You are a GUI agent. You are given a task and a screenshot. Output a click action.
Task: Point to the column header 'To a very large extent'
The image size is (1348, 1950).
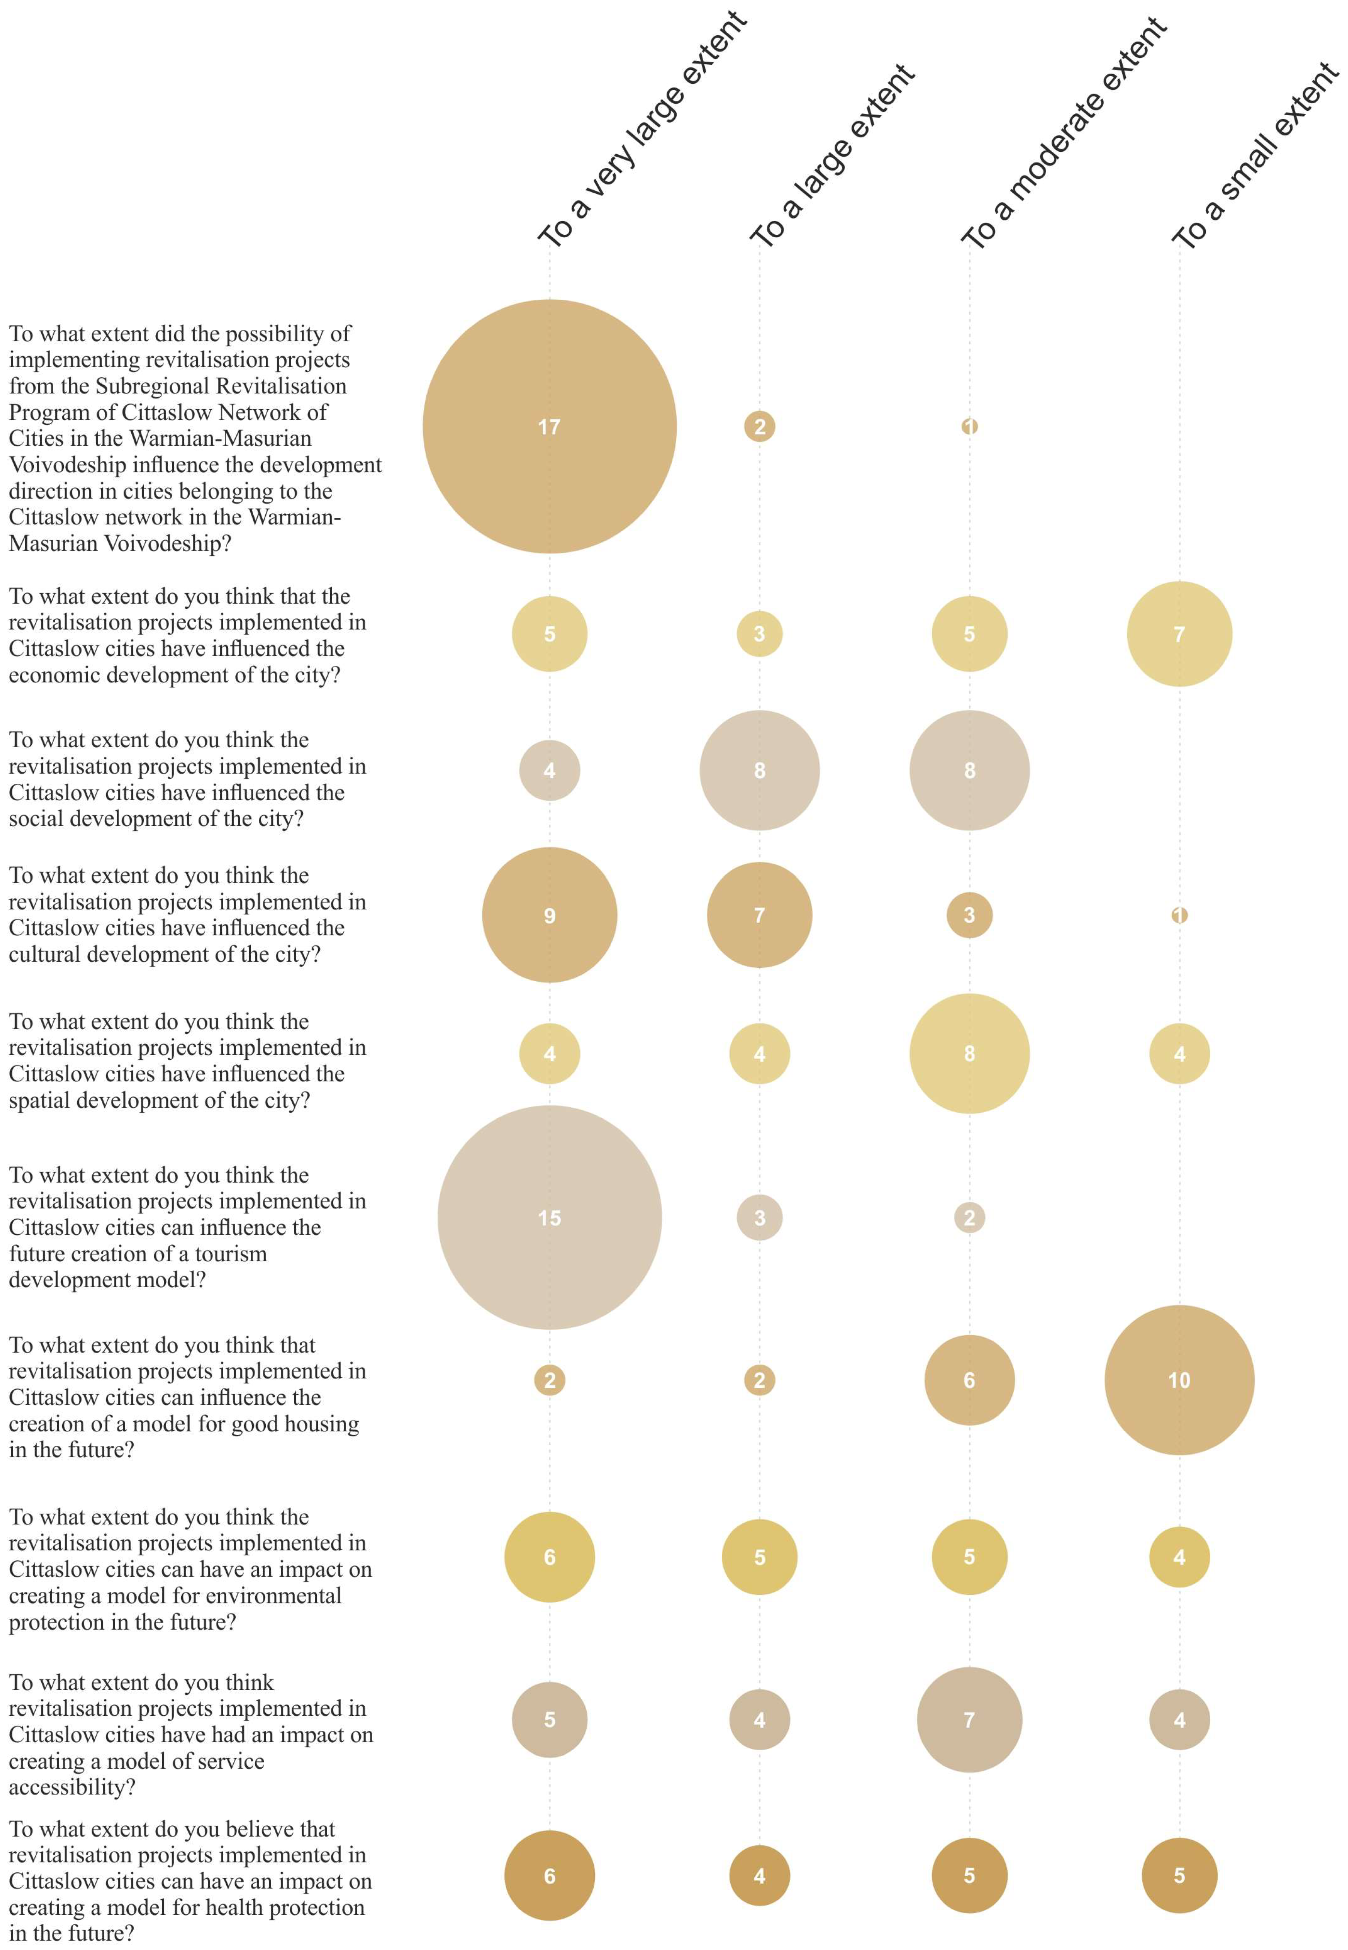(642, 131)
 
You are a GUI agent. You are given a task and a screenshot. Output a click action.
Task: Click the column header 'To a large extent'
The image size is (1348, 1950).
(832, 156)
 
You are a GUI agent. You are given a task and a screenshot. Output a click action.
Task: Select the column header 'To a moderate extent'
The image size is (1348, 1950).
(1064, 134)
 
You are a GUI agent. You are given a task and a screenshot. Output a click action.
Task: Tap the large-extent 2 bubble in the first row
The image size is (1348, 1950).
(759, 427)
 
